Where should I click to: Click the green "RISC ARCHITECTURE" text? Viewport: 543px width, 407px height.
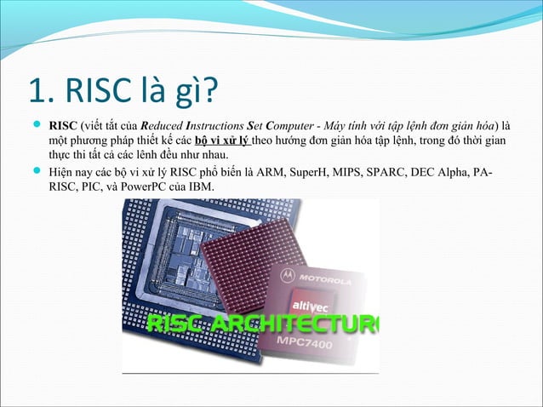click(264, 324)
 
